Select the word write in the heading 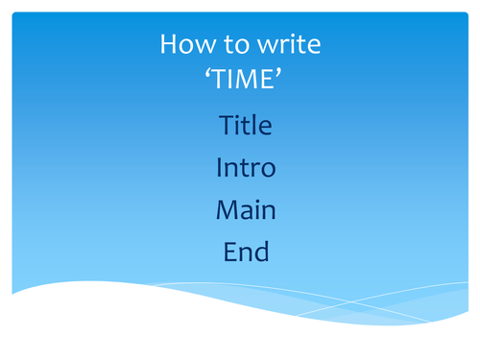[289, 44]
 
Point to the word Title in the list [246, 125]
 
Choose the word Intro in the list [246, 168]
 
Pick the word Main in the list [246, 210]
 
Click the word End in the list [246, 252]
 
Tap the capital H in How [168, 44]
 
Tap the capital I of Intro [219, 168]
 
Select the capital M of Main [227, 210]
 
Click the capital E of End [229, 252]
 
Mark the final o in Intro [268, 170]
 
